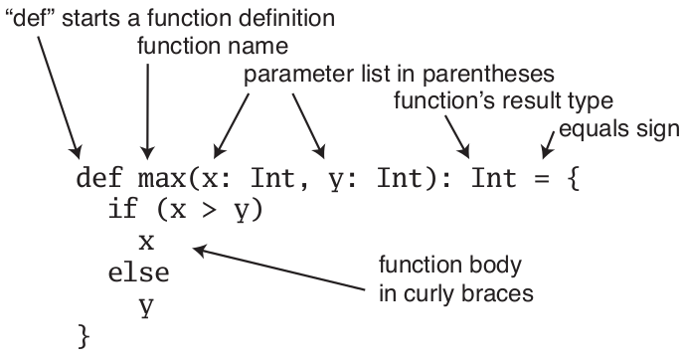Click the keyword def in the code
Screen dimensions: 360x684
[x=100, y=181]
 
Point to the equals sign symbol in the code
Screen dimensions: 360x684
[x=544, y=181]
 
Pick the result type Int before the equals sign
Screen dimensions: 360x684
[x=493, y=181]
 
